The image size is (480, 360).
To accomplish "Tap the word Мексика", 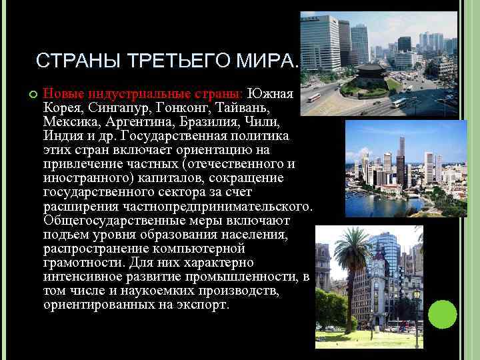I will pyautogui.click(x=69, y=122).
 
